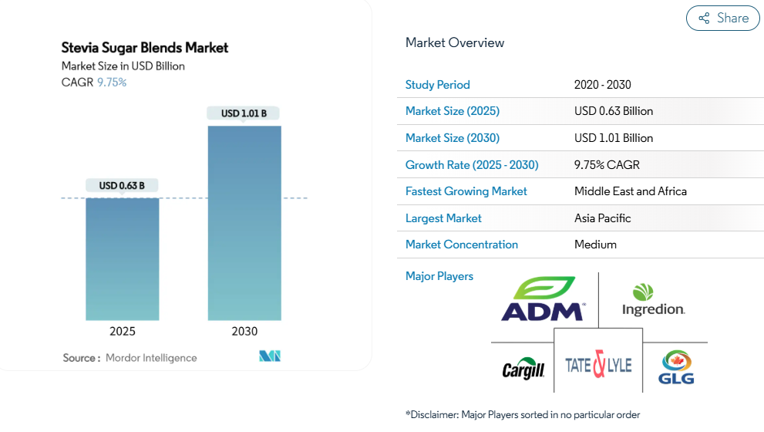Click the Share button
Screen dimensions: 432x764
[x=723, y=19]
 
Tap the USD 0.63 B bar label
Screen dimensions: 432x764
[x=122, y=185]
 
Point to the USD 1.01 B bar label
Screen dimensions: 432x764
[x=244, y=113]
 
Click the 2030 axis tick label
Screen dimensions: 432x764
[x=244, y=331]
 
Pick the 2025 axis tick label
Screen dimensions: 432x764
[x=122, y=331]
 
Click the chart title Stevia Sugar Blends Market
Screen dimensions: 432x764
[x=145, y=48]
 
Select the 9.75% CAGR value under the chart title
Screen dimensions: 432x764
[x=112, y=83]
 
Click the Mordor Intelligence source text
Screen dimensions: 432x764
[x=151, y=358]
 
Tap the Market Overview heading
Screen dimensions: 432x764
[x=455, y=42]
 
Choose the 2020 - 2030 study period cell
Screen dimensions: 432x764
[x=603, y=85]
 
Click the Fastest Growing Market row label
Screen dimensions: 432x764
[x=466, y=191]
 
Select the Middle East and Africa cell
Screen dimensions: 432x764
[x=631, y=191]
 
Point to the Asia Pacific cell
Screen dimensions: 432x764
[x=603, y=218]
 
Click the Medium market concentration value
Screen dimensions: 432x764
[x=595, y=245]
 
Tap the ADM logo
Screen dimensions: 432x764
[x=542, y=299]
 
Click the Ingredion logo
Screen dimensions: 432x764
[x=653, y=299]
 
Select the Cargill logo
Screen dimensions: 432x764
[x=523, y=369]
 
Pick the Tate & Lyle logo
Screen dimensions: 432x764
[x=598, y=364]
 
